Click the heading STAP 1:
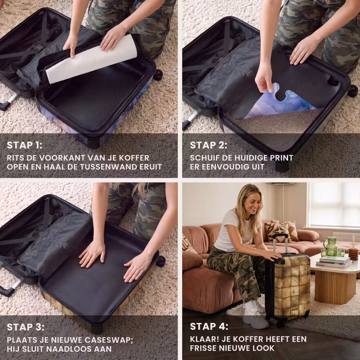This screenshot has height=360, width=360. tap(24, 145)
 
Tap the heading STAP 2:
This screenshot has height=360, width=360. tap(208, 145)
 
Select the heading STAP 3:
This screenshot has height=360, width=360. tap(25, 327)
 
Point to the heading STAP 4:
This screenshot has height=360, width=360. tap(209, 326)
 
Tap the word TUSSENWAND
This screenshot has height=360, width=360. tap(110, 167)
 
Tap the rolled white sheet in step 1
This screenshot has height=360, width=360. tap(91, 60)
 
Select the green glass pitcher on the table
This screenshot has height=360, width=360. tap(330, 246)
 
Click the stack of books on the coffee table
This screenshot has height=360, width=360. tap(334, 262)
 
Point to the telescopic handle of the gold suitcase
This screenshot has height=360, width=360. tap(280, 244)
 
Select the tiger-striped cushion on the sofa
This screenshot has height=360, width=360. tap(277, 232)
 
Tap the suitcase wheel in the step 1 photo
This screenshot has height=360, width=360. tap(158, 75)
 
